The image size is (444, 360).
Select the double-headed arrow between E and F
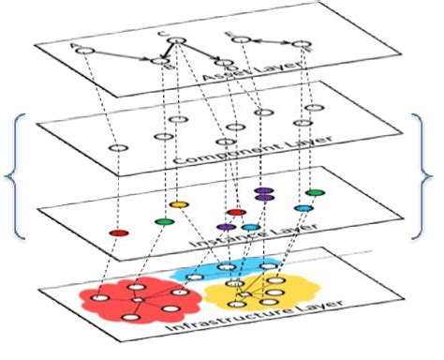271,42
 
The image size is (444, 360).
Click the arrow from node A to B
120,54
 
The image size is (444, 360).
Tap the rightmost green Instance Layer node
316,193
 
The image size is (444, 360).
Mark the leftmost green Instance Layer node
164,222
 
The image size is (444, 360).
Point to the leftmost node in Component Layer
116,148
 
